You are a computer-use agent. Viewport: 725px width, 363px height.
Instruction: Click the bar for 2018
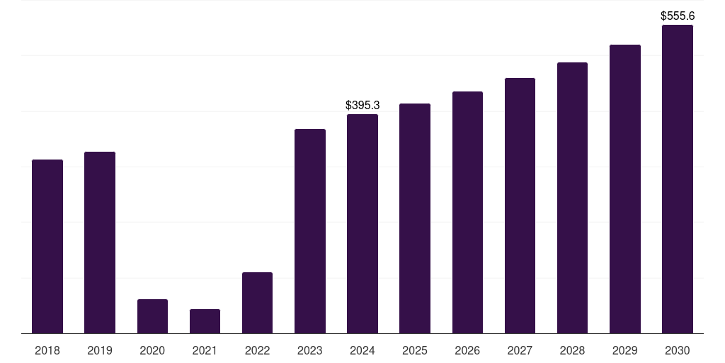(x=47, y=246)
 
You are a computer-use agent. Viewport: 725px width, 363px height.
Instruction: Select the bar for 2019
(x=100, y=242)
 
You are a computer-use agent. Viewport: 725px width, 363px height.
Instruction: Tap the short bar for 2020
(x=152, y=316)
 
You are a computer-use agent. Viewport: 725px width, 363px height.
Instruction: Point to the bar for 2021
(x=205, y=321)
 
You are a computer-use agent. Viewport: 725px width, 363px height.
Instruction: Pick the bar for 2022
(x=257, y=303)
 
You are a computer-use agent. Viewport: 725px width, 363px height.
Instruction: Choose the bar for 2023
(x=310, y=231)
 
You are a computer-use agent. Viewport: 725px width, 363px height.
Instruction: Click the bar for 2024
(x=362, y=223)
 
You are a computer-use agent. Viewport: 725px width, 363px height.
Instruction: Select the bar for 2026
(x=467, y=212)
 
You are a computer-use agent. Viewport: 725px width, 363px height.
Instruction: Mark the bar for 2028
(x=572, y=198)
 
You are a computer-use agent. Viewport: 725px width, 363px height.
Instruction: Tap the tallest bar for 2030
(x=678, y=179)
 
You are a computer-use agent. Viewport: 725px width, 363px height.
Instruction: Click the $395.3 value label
(x=362, y=105)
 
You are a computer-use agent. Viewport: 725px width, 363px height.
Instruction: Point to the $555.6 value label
(x=678, y=16)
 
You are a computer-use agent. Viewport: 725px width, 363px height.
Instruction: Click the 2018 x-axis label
(x=47, y=350)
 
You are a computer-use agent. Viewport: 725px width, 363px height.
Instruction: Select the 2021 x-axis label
(x=205, y=350)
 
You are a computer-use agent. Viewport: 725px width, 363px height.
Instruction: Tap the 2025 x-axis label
(x=415, y=350)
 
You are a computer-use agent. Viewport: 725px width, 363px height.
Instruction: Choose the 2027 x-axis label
(x=520, y=350)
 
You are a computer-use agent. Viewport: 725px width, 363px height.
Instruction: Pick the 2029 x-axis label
(x=625, y=350)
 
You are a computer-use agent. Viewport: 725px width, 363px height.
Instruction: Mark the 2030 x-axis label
(x=678, y=350)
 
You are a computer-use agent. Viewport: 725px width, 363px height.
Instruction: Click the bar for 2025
(x=415, y=218)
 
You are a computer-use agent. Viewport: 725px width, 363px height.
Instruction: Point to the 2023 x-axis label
(x=310, y=350)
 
